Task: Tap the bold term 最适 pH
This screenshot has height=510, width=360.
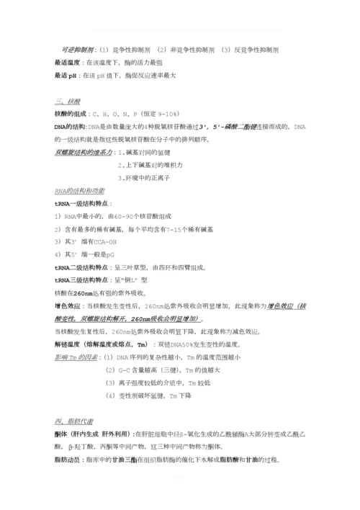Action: [66, 75]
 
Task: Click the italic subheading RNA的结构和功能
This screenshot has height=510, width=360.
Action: [79, 191]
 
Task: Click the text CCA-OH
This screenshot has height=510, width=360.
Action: [105, 242]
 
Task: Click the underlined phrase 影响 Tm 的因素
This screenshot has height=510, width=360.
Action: [77, 357]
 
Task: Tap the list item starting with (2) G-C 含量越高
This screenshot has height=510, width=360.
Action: [159, 370]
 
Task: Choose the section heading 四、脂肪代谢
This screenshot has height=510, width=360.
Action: [73, 421]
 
